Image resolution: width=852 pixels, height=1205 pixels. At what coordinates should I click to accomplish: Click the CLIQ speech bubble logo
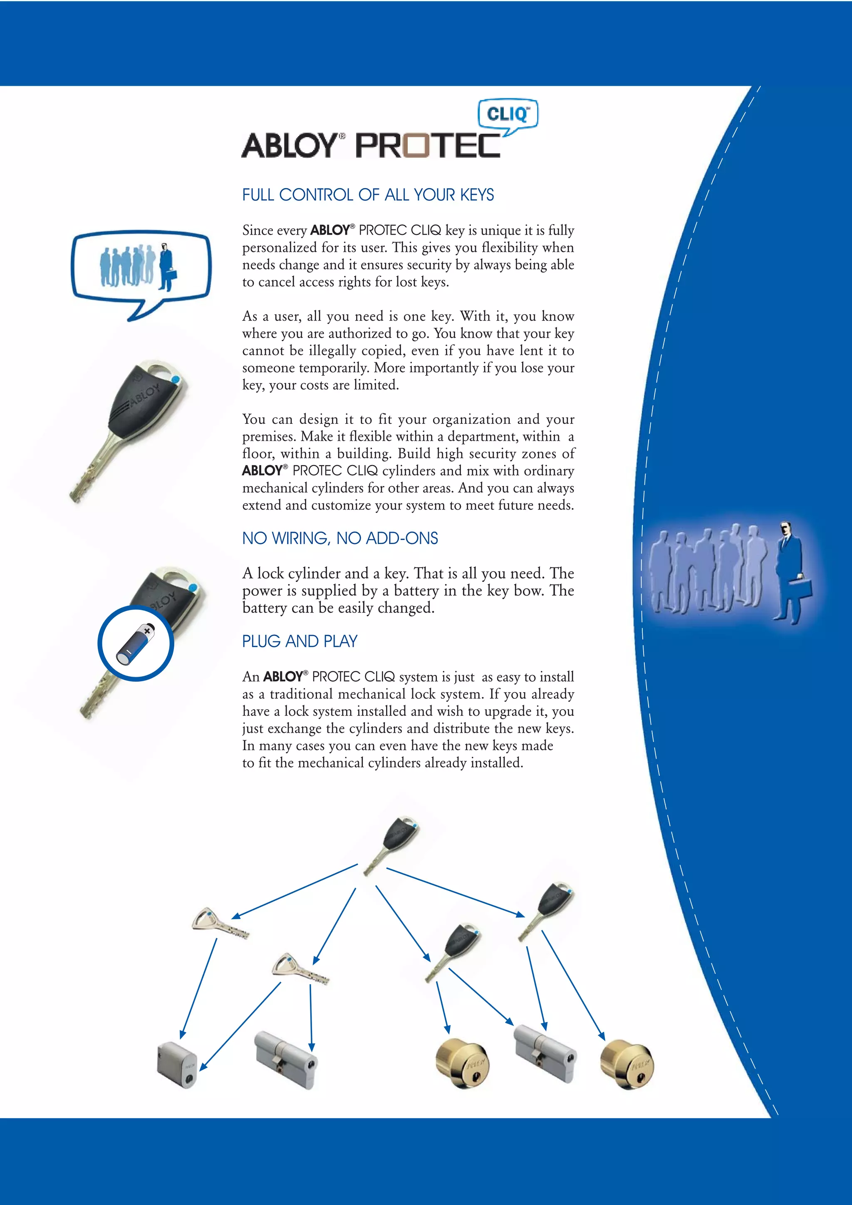coord(508,114)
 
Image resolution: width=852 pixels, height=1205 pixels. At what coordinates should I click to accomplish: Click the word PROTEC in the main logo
coord(428,146)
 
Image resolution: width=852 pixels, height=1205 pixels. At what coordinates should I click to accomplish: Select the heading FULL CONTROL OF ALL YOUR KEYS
coord(367,195)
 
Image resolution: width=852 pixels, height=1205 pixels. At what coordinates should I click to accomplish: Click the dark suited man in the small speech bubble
coord(166,267)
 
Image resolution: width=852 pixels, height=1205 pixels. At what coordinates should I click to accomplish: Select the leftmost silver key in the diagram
coord(219,923)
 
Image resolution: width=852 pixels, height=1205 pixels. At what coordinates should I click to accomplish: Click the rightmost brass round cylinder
coord(627,1064)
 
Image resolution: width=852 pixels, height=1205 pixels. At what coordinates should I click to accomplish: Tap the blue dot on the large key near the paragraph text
coord(175,379)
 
